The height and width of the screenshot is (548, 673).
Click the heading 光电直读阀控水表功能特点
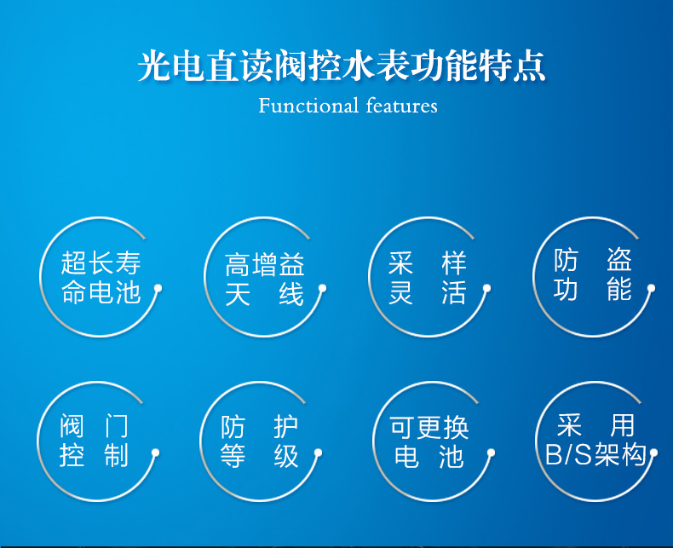342,66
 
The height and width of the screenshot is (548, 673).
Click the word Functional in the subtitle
308,106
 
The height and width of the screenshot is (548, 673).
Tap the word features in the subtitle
402,106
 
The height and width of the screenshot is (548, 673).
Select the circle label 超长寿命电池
101,278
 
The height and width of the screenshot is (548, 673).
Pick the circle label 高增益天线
265,280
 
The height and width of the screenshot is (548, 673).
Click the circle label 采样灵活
427,278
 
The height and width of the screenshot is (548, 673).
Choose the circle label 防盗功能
592,275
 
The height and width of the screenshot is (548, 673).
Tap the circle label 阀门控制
94,441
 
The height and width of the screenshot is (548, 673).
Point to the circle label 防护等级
259,441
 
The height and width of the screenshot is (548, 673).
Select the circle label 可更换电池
429,442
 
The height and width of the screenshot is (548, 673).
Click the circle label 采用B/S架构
595,440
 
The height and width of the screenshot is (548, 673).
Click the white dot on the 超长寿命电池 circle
158,288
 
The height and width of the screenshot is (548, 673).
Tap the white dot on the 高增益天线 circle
322,288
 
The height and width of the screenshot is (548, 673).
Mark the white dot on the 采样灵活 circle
486,288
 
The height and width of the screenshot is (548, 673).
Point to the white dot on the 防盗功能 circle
651,288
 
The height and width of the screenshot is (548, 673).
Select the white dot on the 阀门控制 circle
155,453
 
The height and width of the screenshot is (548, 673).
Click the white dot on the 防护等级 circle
318,453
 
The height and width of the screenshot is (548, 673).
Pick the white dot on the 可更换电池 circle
491,453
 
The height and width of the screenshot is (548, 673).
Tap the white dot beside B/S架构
653,453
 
